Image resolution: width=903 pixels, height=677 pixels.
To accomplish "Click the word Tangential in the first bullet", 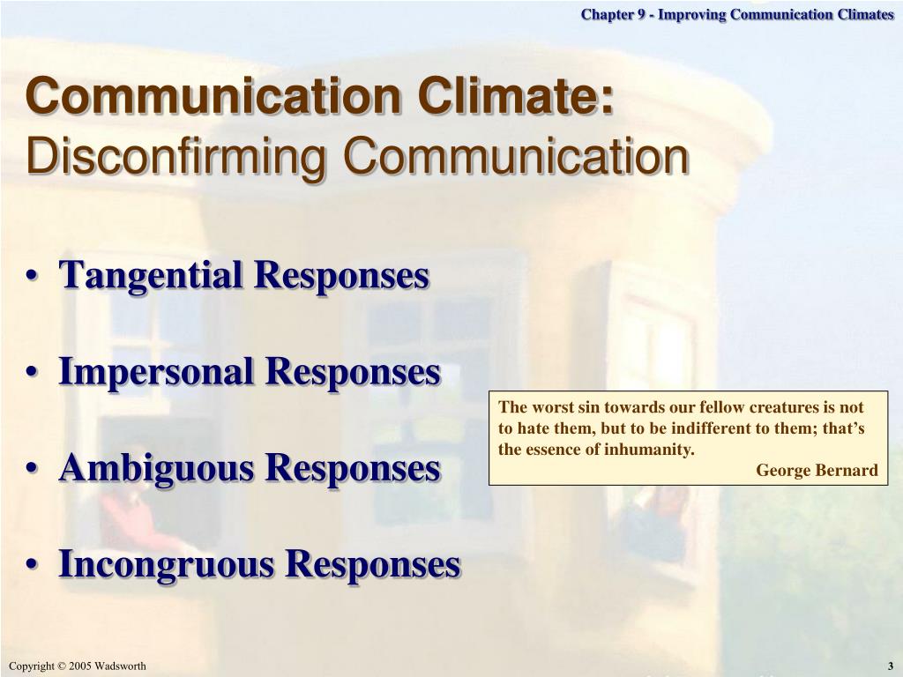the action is (155, 276).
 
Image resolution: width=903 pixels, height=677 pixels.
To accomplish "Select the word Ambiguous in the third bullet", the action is (157, 469).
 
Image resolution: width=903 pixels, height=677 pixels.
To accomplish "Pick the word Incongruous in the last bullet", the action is (167, 564).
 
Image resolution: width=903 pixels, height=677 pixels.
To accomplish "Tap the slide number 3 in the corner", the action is (891, 666).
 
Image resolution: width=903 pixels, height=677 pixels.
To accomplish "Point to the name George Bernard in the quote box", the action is (817, 471).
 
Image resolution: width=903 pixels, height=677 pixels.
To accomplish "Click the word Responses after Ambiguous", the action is (353, 467).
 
